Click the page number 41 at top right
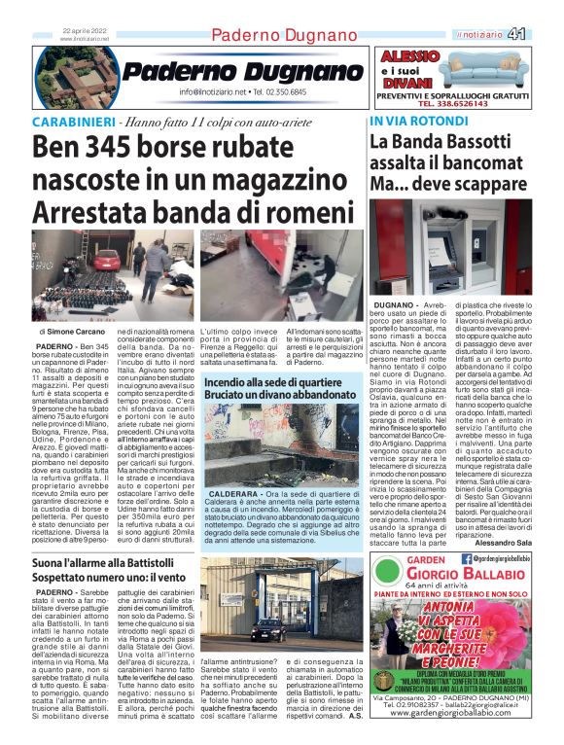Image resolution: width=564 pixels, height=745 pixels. pos(544,33)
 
